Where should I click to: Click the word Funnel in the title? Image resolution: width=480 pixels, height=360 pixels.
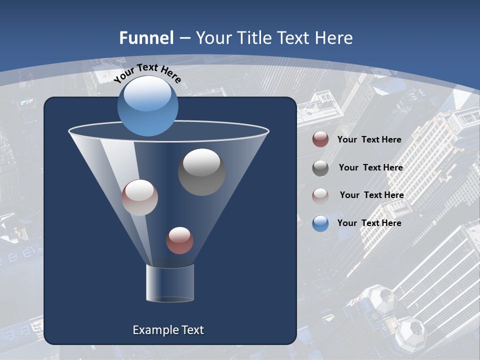146,38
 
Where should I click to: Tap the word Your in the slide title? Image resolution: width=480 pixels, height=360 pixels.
213,38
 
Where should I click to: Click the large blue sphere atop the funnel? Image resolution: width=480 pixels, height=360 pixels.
148,106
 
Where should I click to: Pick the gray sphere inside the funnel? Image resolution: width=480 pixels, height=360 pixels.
201,172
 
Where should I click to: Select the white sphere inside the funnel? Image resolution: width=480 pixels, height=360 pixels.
139,197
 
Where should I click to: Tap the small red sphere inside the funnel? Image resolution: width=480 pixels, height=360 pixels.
179,240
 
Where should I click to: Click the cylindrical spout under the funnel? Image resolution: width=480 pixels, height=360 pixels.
170,283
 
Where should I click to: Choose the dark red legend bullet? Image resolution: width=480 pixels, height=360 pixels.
320,139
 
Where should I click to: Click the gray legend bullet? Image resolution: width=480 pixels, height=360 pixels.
320,168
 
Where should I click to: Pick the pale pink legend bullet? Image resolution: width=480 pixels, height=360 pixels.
320,195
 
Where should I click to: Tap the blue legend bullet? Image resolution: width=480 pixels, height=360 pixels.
320,223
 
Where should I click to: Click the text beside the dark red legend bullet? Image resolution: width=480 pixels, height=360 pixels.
369,139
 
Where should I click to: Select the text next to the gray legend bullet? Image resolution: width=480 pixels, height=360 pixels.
370,167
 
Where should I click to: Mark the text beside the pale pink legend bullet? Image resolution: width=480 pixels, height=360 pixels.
371,195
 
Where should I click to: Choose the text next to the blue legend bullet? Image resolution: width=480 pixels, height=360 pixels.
369,223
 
